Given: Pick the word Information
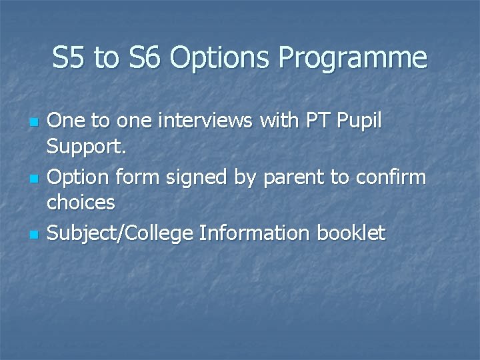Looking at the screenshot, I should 259,233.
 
